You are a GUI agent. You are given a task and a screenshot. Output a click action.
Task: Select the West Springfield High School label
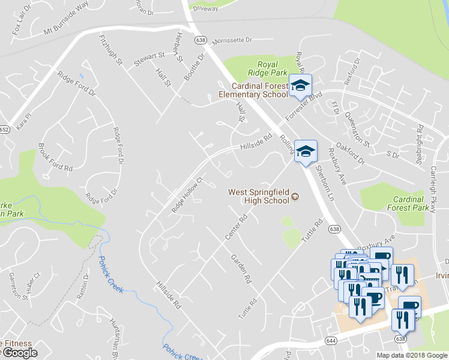259,196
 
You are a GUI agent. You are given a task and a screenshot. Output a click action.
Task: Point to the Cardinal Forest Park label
412,203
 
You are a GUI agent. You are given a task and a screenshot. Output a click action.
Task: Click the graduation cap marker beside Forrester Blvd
300,86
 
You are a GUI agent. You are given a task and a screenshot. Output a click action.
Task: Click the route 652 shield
4,129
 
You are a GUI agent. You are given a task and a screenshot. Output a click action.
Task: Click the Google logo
20,353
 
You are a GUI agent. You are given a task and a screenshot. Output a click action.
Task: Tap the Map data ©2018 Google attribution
412,355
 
